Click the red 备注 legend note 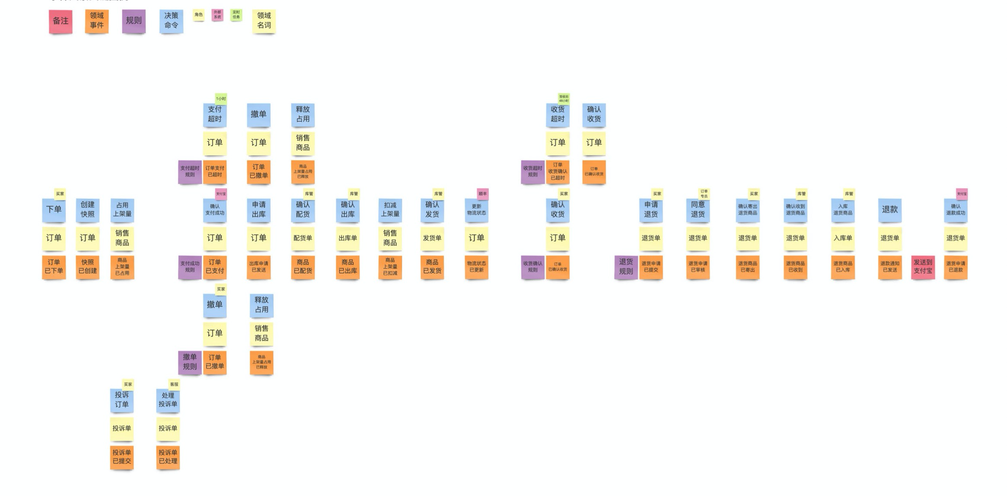click(x=61, y=21)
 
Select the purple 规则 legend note click(x=134, y=21)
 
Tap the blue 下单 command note click(x=54, y=210)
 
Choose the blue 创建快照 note click(x=87, y=210)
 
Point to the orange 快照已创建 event click(x=87, y=267)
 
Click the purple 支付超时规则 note click(x=190, y=172)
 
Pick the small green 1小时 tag click(x=221, y=99)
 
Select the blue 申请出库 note click(x=258, y=210)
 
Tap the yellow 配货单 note click(x=303, y=238)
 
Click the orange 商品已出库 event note click(x=347, y=267)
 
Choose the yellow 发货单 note click(x=432, y=238)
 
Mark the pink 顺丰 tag click(x=482, y=194)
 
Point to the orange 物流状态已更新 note click(x=476, y=267)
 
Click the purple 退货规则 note click(x=626, y=267)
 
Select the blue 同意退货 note click(x=698, y=210)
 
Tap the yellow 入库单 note click(x=842, y=238)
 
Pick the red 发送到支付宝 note click(x=923, y=267)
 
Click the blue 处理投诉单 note click(x=168, y=400)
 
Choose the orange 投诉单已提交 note click(x=121, y=457)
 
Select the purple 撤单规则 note click(x=190, y=362)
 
